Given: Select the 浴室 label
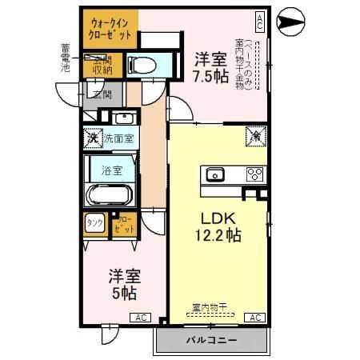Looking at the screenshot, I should pos(111,170).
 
